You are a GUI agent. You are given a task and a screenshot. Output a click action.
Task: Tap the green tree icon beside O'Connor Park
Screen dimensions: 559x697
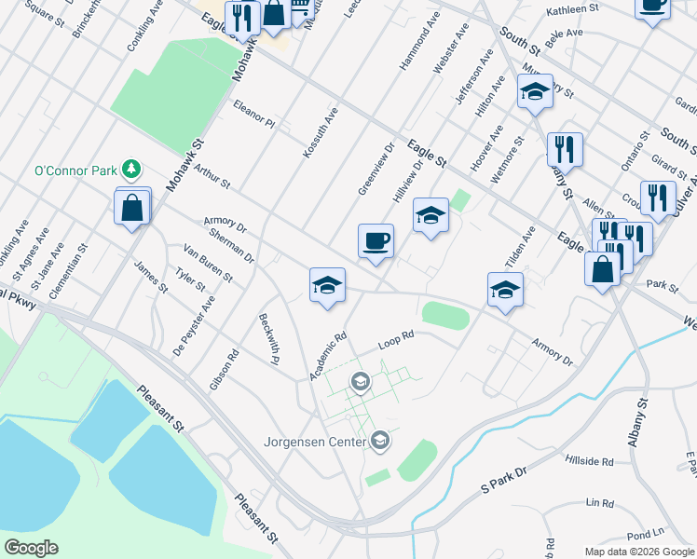(133, 169)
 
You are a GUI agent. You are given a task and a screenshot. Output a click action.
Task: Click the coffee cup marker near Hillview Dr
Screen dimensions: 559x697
(376, 241)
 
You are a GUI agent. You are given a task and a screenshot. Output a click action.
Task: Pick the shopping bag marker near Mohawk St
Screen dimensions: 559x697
(132, 208)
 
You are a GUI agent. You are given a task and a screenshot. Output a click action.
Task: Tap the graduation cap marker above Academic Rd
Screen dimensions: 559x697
(327, 285)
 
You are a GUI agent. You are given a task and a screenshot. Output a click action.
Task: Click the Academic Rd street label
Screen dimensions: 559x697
(328, 357)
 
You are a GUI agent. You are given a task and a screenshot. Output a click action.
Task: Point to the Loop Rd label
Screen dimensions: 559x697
(395, 342)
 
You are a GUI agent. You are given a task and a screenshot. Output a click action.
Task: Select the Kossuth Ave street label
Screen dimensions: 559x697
(321, 132)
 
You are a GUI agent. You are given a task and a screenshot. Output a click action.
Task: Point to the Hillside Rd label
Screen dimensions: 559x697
(589, 461)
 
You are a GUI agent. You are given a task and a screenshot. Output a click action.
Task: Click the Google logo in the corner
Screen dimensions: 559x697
(31, 548)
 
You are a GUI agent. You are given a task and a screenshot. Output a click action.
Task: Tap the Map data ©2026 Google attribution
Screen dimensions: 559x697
(639, 552)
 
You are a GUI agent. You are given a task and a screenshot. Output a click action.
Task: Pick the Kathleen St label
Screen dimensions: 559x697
(572, 9)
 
